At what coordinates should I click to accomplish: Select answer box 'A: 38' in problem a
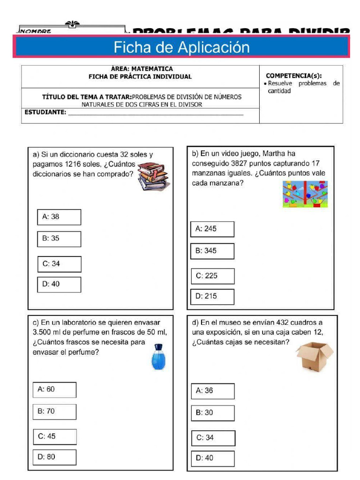coord(59,217)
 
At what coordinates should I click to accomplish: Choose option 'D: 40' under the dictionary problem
coord(59,284)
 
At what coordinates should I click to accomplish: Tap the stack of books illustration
coord(153,176)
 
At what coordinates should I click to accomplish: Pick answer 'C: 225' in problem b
coord(212,276)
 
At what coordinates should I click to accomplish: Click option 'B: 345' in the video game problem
coord(212,251)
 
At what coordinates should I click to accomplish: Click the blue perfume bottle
coord(158,358)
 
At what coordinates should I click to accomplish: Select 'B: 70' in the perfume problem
coord(54,411)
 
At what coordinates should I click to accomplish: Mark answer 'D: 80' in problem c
coord(54,457)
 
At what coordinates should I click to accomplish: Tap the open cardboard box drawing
coord(314,356)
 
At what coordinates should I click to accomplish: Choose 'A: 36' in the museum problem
coord(212,390)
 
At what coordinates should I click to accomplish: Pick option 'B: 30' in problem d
coord(212,412)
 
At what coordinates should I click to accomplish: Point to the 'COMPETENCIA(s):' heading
coord(293,75)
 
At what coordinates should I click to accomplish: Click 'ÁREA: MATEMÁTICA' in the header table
coord(140,69)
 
